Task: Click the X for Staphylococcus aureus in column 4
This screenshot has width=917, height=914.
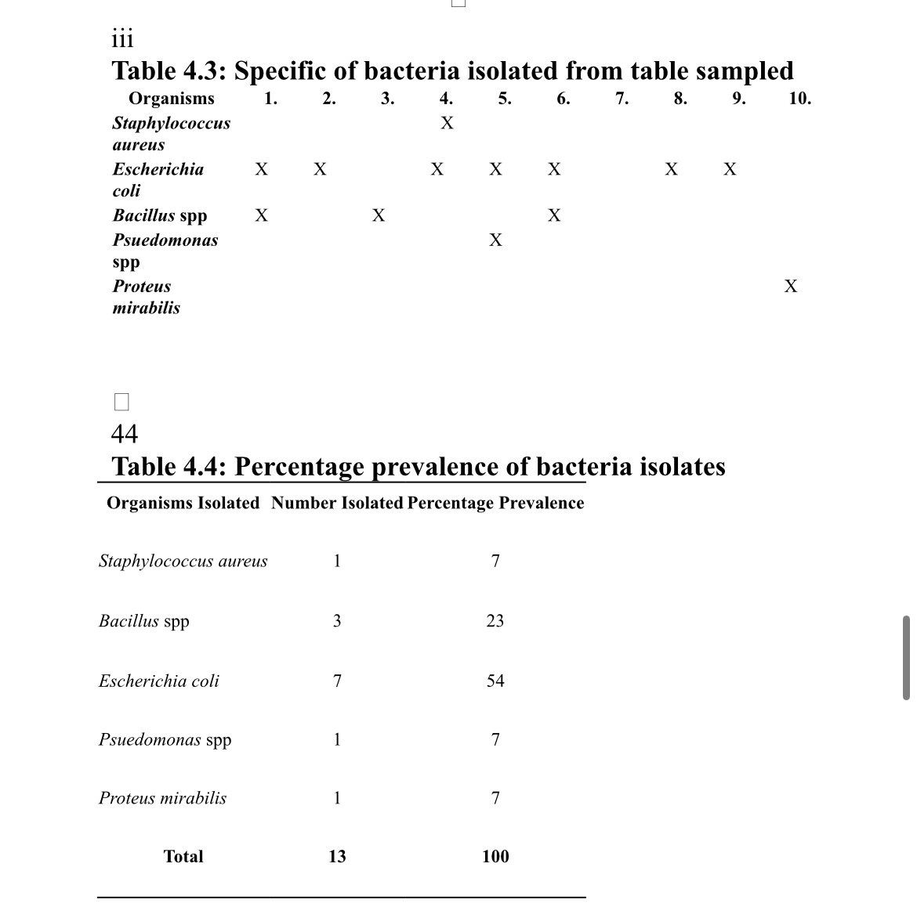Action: pos(447,123)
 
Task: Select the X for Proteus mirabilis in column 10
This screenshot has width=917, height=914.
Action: pos(791,286)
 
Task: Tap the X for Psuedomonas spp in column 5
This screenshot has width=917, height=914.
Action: pos(495,240)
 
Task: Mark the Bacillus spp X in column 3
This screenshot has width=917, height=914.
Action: pos(379,215)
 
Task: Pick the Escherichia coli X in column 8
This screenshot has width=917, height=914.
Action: pos(672,169)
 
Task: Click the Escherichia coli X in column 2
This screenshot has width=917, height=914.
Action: pos(320,169)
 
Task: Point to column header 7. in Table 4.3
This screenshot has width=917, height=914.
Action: pos(622,99)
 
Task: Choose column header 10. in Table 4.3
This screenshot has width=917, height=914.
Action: pos(799,99)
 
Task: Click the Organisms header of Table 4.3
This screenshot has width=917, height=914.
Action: pos(171,99)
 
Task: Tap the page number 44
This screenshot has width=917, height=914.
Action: pos(125,433)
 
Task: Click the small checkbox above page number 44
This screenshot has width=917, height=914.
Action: pos(121,402)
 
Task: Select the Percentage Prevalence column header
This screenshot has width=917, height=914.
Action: pos(495,503)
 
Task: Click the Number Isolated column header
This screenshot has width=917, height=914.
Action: pos(337,503)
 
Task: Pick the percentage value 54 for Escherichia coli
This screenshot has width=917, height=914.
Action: pos(495,681)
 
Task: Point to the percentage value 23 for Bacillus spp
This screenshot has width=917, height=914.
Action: pos(495,621)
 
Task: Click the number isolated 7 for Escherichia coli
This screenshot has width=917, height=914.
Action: pos(337,681)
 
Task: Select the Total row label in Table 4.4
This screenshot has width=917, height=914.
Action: pos(183,856)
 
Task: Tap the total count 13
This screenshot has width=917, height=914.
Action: pos(337,856)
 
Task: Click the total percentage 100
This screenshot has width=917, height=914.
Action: pos(495,856)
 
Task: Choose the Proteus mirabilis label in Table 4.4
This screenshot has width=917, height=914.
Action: pos(162,798)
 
